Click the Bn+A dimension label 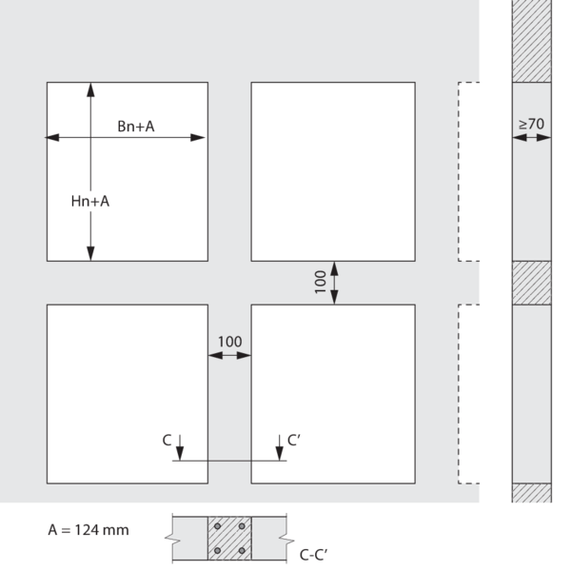click(x=136, y=127)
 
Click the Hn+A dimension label click(x=90, y=201)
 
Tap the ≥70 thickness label click(x=531, y=124)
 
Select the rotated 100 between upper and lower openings click(x=320, y=282)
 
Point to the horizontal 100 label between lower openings click(x=229, y=342)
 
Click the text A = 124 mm click(x=89, y=530)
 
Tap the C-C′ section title click(x=313, y=555)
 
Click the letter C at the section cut click(x=167, y=441)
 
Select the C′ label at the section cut click(x=294, y=440)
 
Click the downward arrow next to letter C click(x=180, y=447)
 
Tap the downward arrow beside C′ click(x=279, y=447)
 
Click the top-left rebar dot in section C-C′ click(x=217, y=526)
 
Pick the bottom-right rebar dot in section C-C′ click(x=242, y=551)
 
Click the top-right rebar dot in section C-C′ click(x=242, y=526)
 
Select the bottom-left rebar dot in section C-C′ click(x=217, y=551)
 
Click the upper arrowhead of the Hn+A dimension click(x=90, y=89)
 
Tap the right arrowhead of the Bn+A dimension click(x=198, y=138)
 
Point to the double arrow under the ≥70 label click(x=532, y=138)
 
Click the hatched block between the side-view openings click(x=532, y=283)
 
